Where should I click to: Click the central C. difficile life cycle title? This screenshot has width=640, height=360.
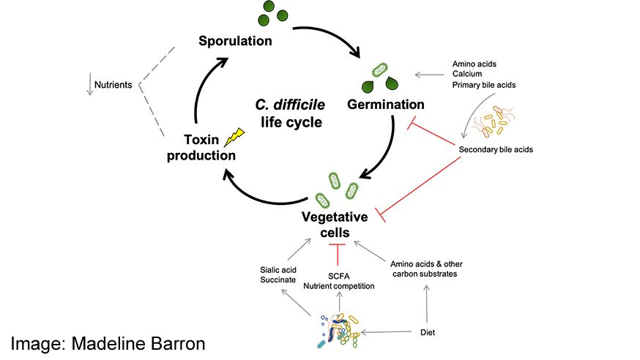tap(289, 113)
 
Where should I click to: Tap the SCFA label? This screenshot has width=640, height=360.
tap(341, 276)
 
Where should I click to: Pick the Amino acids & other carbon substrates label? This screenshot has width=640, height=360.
tap(428, 269)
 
